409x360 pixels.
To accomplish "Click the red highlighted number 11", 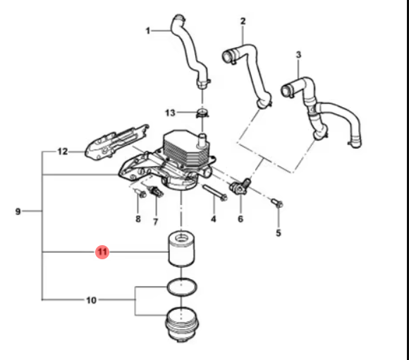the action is coord(102,252).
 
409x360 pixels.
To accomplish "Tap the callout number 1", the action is coord(148,31).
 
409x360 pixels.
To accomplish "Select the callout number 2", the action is coord(243,21).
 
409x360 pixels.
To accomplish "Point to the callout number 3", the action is coord(298,55).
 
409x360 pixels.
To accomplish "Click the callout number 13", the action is coord(170,113).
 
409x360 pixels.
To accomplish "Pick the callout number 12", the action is coord(62,151).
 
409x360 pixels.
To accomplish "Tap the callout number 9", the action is coord(18,211).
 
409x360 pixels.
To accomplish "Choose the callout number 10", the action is coord(91,300).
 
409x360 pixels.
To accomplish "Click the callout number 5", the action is coord(279,233).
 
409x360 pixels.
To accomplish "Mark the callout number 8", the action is coord(138,219).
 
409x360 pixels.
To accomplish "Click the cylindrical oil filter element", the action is coord(181,249).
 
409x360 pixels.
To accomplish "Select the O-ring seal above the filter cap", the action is coord(182,287).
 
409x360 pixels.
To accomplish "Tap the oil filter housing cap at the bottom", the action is coord(182,325).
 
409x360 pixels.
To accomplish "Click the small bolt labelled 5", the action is coord(277,203).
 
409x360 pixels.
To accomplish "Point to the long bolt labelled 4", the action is coord(214,192).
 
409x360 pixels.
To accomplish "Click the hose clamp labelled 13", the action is coord(202,113).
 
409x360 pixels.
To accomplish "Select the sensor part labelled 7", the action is coord(156,192).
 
